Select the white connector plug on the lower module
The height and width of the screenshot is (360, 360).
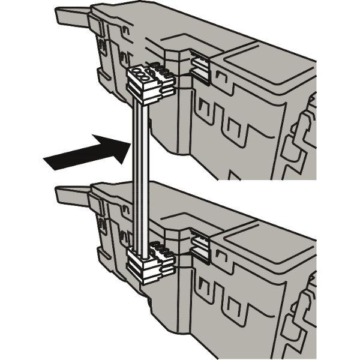151,265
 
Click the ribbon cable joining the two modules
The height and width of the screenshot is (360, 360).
140,174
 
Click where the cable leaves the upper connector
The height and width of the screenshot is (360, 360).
140,100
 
